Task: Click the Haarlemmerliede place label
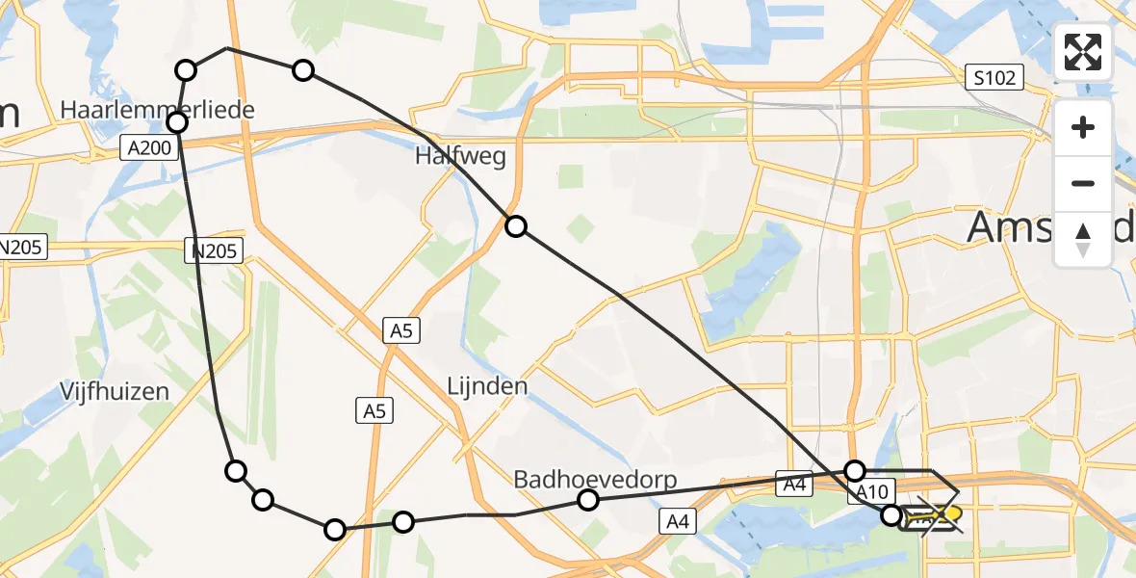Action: (157, 110)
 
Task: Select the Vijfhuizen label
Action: (114, 391)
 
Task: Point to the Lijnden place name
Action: (487, 386)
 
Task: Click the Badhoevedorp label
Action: (595, 479)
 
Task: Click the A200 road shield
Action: (149, 148)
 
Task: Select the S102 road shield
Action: (994, 78)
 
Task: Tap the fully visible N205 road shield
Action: (215, 250)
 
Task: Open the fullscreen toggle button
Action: (1083, 52)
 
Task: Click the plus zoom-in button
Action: (1083, 127)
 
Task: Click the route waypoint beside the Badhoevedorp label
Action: (588, 499)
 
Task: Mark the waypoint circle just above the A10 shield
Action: (855, 470)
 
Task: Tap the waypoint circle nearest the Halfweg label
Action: (516, 226)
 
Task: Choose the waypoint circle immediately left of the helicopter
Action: (892, 515)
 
